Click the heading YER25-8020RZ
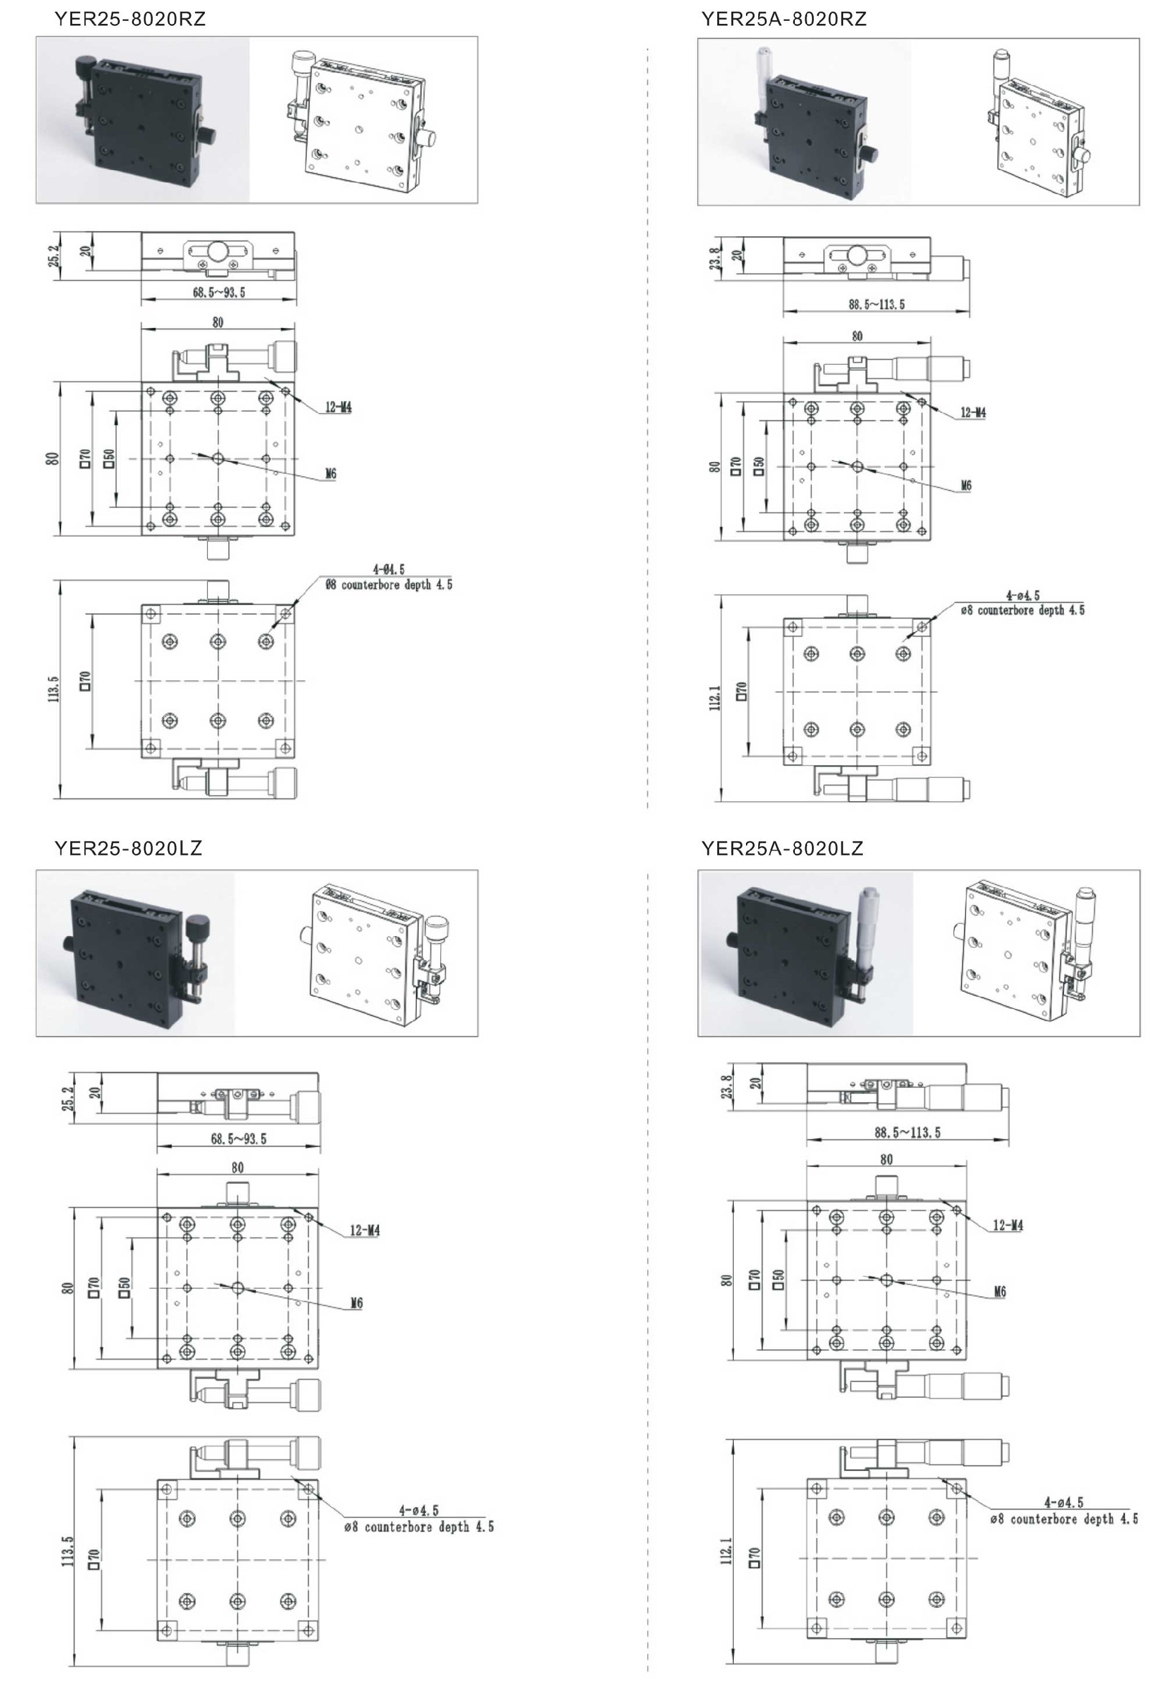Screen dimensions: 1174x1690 [x=130, y=19]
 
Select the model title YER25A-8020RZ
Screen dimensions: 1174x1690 [x=783, y=19]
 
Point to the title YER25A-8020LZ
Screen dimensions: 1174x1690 [x=782, y=848]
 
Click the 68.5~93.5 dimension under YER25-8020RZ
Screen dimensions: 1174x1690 [x=219, y=292]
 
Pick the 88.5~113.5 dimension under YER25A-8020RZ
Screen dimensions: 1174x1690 [x=877, y=304]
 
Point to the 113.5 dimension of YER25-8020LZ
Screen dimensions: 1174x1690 [x=68, y=1551]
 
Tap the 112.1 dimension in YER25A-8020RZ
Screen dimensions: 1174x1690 [x=715, y=697]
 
